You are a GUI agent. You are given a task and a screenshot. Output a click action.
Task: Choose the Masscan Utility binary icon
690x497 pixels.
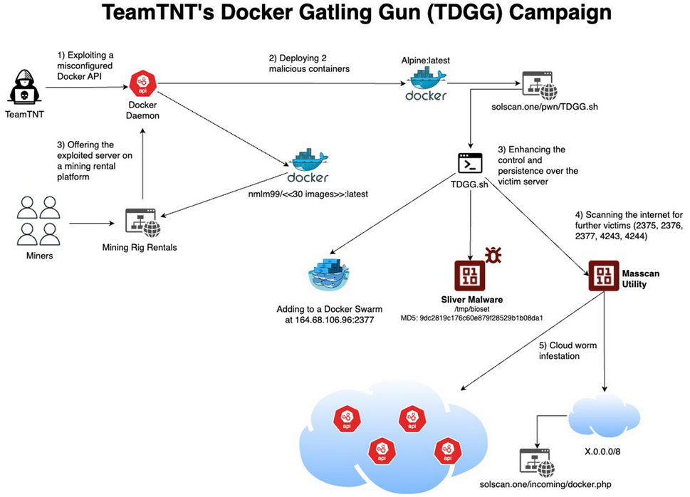tap(601, 275)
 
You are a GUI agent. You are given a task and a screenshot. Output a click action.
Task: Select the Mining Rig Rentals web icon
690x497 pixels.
tap(143, 223)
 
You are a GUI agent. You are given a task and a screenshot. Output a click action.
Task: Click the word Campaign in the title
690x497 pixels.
tap(535, 14)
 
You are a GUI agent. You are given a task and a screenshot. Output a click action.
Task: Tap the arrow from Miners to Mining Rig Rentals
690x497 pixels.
tap(92, 226)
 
